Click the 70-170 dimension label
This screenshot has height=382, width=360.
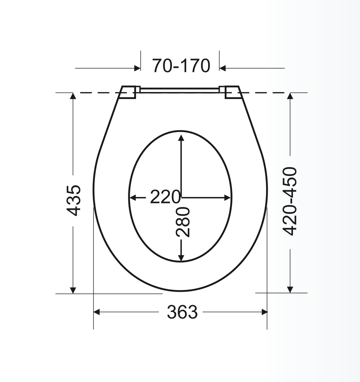181,65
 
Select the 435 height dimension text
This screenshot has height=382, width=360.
74,201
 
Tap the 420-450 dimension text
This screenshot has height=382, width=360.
290,201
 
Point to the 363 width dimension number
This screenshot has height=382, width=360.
182,312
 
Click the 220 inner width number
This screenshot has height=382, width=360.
165,197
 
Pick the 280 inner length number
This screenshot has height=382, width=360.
183,222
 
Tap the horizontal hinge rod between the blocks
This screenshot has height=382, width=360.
180,90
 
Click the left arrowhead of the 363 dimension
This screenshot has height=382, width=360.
97,312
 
